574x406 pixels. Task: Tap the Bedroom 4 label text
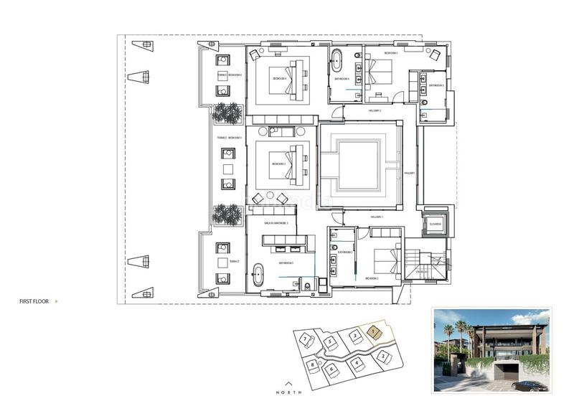[278, 79]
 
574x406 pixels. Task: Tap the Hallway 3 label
[377, 217]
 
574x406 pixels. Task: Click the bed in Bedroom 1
[381, 72]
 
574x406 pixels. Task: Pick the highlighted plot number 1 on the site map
[374, 331]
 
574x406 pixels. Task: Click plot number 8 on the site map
[314, 364]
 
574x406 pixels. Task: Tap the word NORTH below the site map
[289, 393]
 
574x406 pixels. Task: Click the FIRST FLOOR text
[34, 302]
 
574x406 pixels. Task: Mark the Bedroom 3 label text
[278, 164]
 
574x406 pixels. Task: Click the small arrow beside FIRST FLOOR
[57, 302]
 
